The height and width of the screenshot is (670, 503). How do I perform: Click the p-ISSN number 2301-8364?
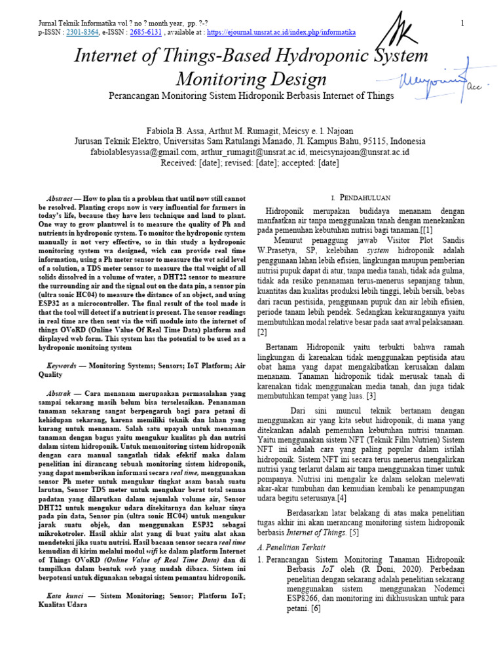pos(82,31)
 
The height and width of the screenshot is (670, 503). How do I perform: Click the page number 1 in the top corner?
pos(462,24)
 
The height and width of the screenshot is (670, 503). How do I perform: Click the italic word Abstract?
pos(60,198)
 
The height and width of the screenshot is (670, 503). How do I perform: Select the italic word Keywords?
pos(62,367)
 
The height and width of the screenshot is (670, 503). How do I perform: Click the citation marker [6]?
pos(316,608)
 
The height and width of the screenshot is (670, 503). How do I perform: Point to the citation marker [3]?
pos(371,396)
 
